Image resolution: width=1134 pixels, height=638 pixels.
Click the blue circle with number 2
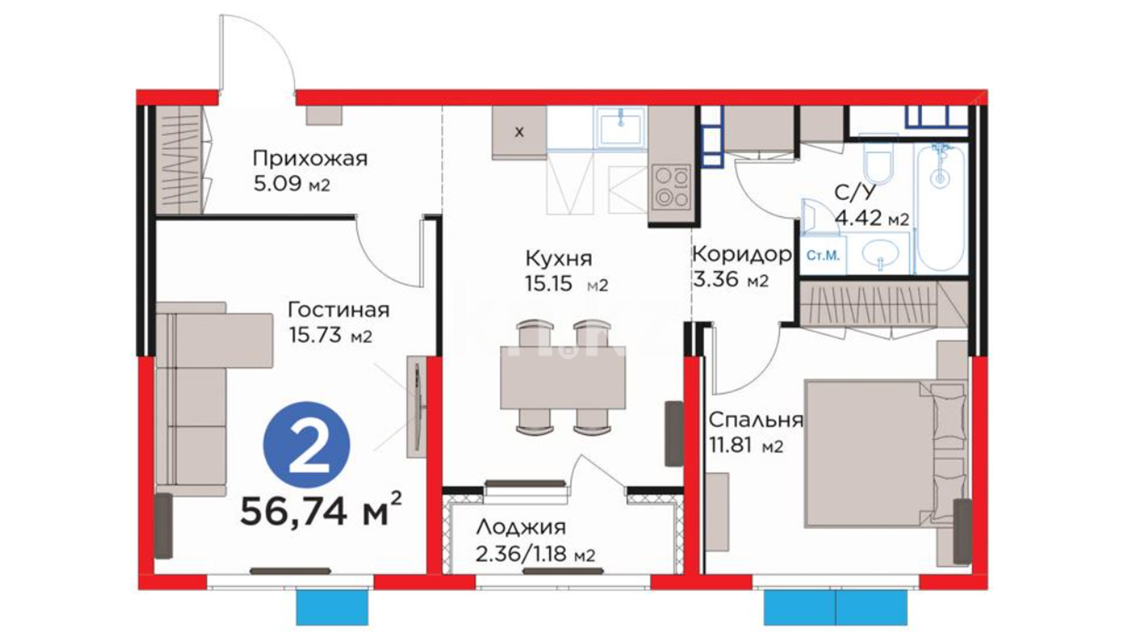pos(306,445)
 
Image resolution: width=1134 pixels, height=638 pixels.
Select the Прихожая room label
pos(310,158)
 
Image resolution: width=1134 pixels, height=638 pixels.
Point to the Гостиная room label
pos(338,310)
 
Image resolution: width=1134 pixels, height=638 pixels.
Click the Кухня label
pos(559,259)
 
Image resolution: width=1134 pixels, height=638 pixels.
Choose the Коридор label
pos(742,255)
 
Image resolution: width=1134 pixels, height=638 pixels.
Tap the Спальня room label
pos(756,420)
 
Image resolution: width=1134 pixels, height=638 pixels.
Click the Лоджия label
pos(521,526)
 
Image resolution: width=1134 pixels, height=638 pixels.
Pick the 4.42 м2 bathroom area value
pos(872,220)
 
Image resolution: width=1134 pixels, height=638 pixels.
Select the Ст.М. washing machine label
pos(823,256)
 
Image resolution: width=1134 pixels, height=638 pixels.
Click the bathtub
pos(940,206)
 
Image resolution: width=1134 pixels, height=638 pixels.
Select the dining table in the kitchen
pos(563,377)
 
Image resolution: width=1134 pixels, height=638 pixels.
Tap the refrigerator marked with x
pos(519,132)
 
